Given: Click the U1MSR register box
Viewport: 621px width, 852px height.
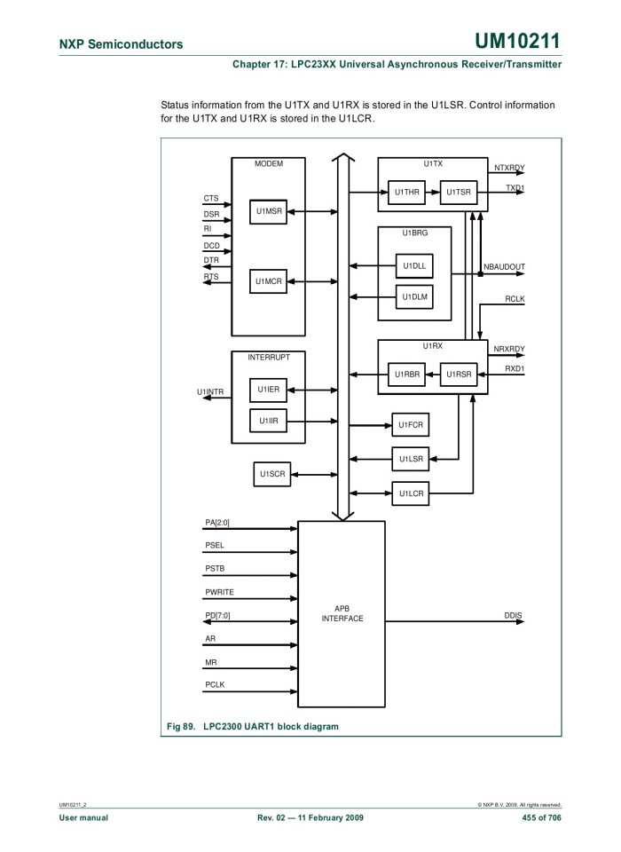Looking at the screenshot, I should point(268,212).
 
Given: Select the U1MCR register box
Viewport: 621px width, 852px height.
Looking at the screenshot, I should point(268,281).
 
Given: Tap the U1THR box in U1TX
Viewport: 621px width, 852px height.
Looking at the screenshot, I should point(406,192).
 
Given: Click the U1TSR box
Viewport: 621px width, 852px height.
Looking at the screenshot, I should point(459,192).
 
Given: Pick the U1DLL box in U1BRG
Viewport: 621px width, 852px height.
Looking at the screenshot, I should point(413,265).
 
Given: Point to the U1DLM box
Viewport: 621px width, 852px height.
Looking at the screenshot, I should point(413,297).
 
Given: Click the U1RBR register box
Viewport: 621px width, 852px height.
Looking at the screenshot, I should point(406,375).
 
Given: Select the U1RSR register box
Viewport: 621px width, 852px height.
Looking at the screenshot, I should point(459,375).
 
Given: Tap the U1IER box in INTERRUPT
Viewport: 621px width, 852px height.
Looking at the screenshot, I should point(268,390).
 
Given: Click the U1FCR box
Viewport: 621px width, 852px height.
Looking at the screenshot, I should point(411,426).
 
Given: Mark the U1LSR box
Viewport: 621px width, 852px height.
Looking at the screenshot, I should point(411,459).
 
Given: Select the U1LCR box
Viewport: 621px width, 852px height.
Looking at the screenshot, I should point(411,493).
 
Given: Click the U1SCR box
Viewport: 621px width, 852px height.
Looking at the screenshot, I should point(271,475).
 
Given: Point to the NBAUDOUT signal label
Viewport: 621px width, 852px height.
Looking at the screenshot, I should point(504,266).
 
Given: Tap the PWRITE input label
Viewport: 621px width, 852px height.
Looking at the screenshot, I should point(219,592).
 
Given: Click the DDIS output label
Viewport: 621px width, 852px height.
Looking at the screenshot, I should point(513,615).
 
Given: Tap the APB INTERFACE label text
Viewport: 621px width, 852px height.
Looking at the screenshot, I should point(342,613).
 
